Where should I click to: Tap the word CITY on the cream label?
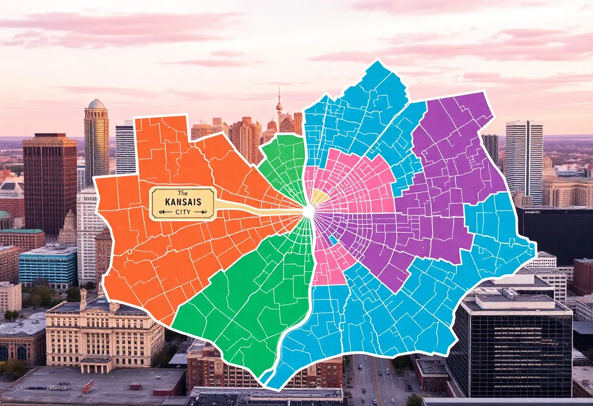[x=182, y=212]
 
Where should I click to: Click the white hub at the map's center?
[x=308, y=211]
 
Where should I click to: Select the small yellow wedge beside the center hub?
[x=319, y=197]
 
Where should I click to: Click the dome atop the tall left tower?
[x=96, y=104]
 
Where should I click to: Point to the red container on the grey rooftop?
[x=88, y=386]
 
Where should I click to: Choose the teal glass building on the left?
[x=47, y=266]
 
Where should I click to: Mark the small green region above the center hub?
[x=284, y=163]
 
